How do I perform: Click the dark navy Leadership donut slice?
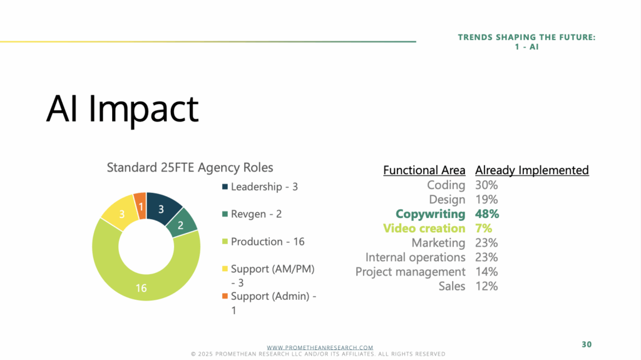pos(162,208)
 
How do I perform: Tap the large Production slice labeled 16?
pos(141,278)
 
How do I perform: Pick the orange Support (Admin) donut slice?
pos(141,205)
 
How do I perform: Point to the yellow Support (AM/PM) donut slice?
pos(121,213)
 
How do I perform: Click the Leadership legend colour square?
pos(225,187)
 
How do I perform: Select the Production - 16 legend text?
pos(268,242)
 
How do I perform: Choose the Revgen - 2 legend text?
pos(256,214)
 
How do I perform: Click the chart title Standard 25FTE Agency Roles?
pos(190,167)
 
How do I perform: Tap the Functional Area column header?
pos(424,170)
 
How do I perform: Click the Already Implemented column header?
pos(532,170)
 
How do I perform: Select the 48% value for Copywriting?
pos(487,214)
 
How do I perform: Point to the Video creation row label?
pos(424,229)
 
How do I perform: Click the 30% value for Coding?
pos(486,185)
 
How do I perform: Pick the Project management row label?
pos(411,272)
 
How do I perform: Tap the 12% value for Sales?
pos(486,286)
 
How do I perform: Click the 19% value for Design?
pos(486,200)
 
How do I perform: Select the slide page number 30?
pos(587,344)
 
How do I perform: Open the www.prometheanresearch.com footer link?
pos(320,347)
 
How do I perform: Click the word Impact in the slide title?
pos(143,109)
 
